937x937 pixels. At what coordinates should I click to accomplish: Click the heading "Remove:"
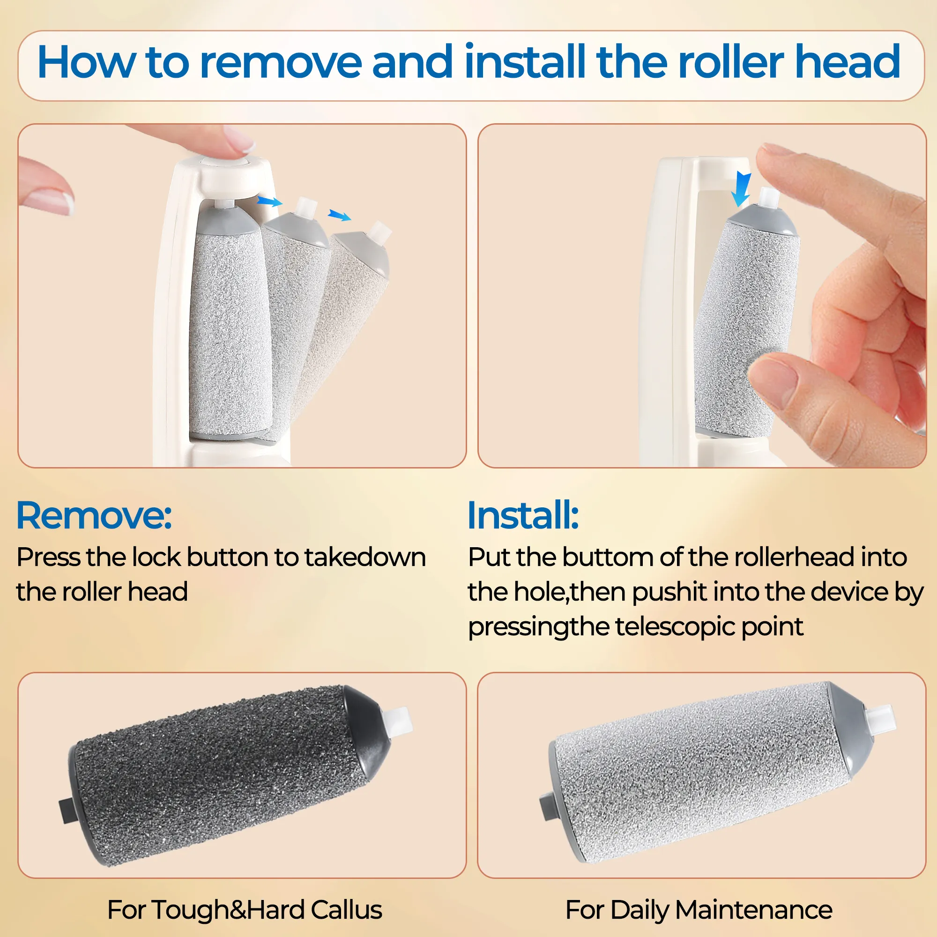click(94, 515)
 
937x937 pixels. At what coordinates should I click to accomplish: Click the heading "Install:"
click(523, 515)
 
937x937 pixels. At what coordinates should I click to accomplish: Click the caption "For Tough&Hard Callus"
click(245, 909)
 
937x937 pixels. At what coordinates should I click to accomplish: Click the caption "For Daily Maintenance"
click(699, 909)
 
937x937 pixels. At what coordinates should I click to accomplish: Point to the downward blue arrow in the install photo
click(741, 189)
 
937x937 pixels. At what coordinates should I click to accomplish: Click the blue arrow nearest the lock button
click(269, 201)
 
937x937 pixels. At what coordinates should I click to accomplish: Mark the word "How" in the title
click(87, 62)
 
